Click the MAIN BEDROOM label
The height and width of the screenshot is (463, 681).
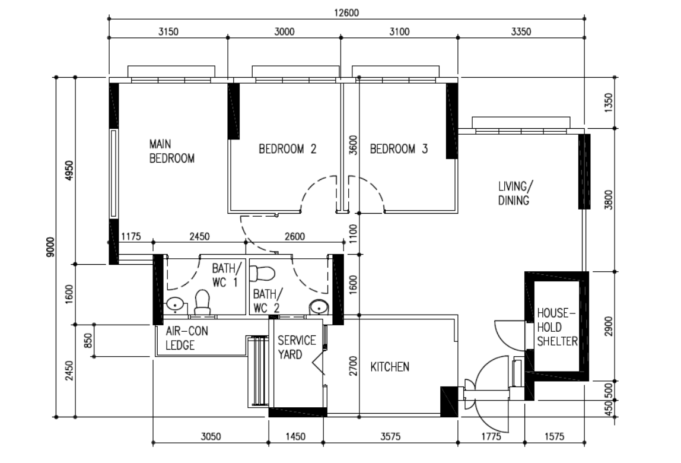(x=171, y=151)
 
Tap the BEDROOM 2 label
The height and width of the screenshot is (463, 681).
(x=287, y=149)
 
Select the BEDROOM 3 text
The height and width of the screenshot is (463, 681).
(x=399, y=149)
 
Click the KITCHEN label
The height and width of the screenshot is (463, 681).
(x=390, y=367)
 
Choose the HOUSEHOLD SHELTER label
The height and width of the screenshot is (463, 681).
(x=557, y=326)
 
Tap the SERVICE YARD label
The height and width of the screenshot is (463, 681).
(x=297, y=347)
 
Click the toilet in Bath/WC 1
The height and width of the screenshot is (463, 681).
(x=203, y=302)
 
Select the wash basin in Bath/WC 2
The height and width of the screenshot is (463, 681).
(x=319, y=306)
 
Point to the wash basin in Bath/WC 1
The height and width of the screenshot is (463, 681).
(x=175, y=305)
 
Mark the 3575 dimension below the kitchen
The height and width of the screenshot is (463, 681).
(x=390, y=437)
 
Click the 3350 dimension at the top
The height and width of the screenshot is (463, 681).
(x=520, y=31)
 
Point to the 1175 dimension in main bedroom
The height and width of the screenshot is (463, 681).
(x=130, y=236)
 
